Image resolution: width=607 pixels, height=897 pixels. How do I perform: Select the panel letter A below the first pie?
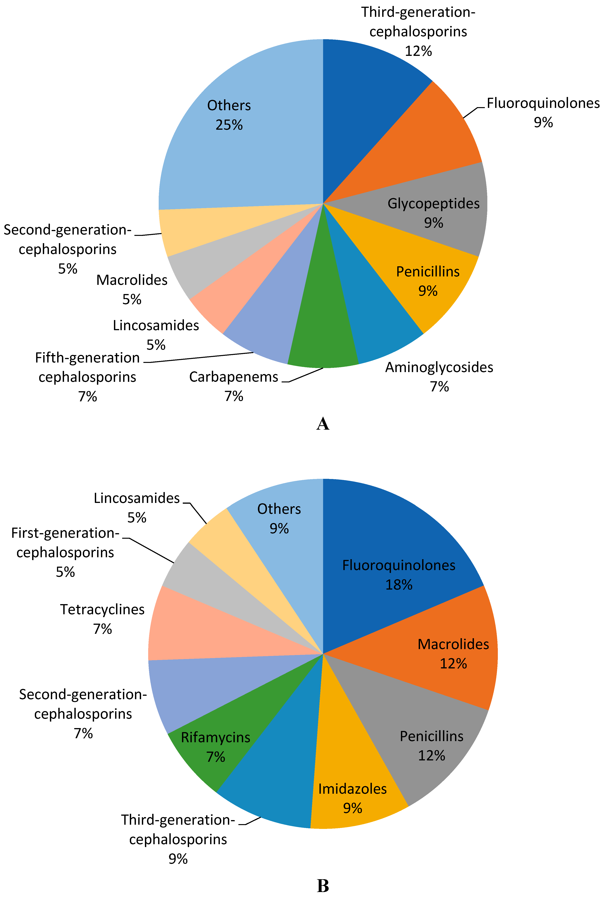(323, 424)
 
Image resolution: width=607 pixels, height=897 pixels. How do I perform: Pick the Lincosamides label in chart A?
(156, 325)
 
